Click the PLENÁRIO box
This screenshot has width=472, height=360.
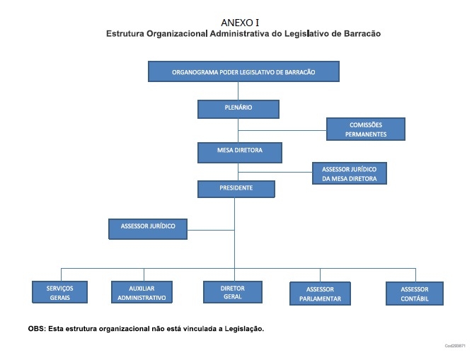238,109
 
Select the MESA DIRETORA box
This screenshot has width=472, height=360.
240,153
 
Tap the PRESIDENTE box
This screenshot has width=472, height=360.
236,189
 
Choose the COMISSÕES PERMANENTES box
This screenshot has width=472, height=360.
366,129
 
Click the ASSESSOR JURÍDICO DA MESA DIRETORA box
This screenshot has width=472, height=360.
349,173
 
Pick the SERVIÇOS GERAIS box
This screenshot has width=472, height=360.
59,292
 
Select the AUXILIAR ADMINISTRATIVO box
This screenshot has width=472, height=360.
142,292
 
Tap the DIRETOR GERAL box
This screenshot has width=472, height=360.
233,292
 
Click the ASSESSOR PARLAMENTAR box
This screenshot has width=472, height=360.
320,294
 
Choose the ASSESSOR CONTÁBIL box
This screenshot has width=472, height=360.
415,294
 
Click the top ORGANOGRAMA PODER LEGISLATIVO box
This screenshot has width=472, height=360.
243,71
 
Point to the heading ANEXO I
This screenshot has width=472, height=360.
240,23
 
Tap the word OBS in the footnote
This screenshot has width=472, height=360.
36,329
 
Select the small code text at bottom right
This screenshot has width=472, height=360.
455,346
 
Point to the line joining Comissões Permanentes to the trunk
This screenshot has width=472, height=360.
282,131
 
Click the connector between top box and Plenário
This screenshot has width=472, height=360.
238,91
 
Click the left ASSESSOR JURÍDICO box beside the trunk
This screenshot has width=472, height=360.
148,229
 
